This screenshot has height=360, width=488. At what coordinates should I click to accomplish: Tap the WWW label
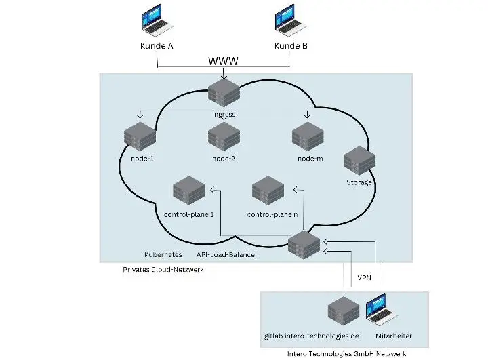(x=223, y=62)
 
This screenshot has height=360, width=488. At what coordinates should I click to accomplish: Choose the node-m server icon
(x=306, y=137)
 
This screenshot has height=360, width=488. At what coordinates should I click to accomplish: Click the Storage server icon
(x=359, y=162)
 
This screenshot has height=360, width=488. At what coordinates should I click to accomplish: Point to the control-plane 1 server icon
(x=189, y=192)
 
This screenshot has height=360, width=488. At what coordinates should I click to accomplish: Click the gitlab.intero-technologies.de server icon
(x=344, y=312)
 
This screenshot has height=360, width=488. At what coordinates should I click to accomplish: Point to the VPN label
(x=364, y=278)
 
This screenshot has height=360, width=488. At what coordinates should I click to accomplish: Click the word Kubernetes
(x=163, y=256)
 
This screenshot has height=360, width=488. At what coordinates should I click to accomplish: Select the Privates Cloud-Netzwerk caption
(x=163, y=269)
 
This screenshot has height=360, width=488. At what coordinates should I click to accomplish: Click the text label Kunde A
(x=157, y=45)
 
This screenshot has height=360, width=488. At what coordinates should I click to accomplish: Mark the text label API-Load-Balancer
(x=227, y=256)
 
